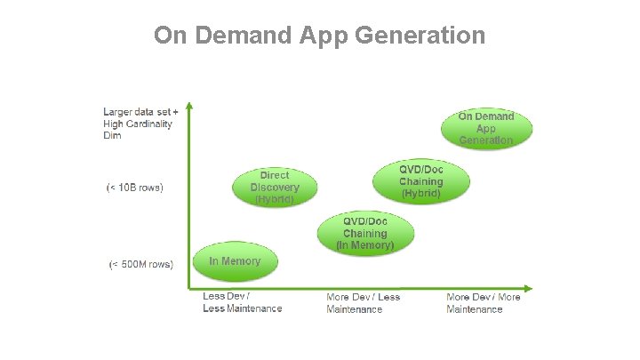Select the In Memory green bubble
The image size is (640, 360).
point(235,261)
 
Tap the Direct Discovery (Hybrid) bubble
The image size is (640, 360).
point(275,188)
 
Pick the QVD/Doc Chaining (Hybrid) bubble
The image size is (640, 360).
point(420,181)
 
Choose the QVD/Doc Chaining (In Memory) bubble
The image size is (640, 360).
point(364,233)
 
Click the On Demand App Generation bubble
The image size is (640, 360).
point(486,129)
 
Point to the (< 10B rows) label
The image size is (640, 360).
point(135,188)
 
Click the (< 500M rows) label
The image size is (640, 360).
point(140,264)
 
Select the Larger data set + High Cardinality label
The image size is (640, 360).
point(140,124)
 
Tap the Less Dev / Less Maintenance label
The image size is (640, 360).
point(242,302)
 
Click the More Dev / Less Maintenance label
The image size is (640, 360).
point(363,303)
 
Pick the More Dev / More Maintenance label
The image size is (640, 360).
point(483,303)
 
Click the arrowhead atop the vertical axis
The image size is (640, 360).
point(188,108)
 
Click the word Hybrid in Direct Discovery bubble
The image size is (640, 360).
point(275,200)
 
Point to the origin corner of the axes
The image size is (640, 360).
point(188,288)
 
